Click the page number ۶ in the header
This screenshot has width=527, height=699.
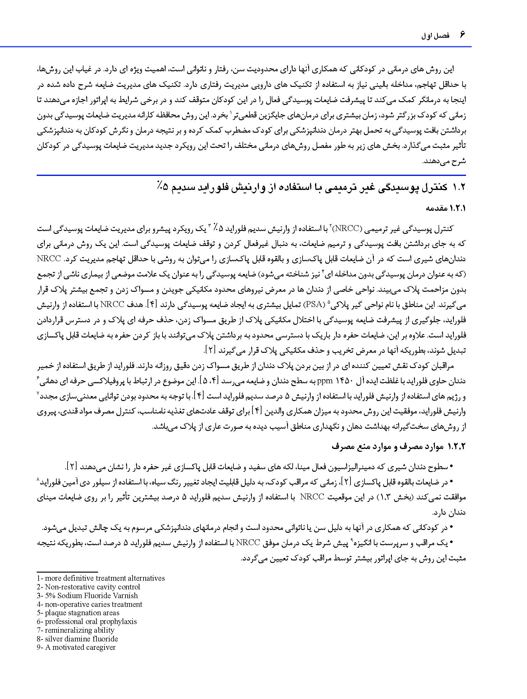pyautogui.click(x=462, y=35)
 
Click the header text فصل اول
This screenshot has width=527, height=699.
pyautogui.click(x=435, y=36)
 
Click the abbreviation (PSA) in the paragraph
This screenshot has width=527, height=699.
pyautogui.click(x=314, y=305)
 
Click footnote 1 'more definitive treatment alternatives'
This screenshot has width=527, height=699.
pyautogui.click(x=101, y=578)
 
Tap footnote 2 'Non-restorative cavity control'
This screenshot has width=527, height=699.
pyautogui.click(x=88, y=587)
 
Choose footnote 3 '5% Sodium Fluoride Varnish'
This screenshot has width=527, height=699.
pyautogui.click(x=87, y=596)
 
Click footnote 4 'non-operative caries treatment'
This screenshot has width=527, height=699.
pyautogui.click(x=90, y=604)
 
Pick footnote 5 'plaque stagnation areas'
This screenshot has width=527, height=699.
pyautogui.click(x=78, y=613)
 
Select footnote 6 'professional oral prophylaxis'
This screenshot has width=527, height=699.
pyautogui.click(x=87, y=621)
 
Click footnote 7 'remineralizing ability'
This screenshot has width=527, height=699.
pyautogui.click(x=76, y=630)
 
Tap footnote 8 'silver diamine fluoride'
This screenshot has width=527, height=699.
pyautogui.click(x=78, y=639)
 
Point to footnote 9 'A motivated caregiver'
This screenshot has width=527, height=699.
pyautogui.click(x=76, y=647)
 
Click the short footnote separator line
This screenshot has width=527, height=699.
pyautogui.click(x=67, y=572)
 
